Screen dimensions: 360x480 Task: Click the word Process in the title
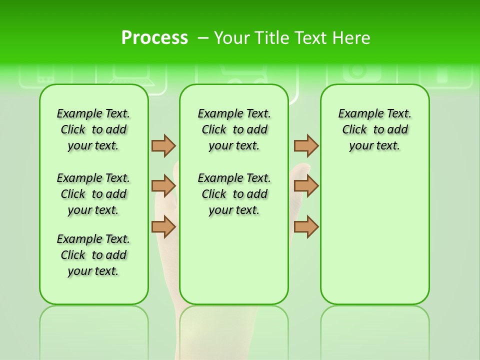tap(154, 37)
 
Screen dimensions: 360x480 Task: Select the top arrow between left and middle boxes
tap(163, 145)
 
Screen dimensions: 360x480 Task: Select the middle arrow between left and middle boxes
tap(163, 186)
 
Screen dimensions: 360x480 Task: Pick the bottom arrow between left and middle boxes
tap(163, 226)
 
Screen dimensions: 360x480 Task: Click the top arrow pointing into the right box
tap(306, 145)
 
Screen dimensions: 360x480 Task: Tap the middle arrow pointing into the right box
tap(306, 186)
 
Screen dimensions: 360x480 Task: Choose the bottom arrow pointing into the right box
tap(306, 226)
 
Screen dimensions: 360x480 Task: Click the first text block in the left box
tap(93, 129)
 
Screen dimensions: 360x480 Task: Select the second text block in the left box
tap(93, 194)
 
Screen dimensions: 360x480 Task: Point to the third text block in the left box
tap(93, 255)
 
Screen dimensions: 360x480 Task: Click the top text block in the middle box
tap(234, 129)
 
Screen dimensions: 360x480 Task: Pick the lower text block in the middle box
tap(234, 194)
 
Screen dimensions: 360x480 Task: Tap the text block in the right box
tap(375, 129)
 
